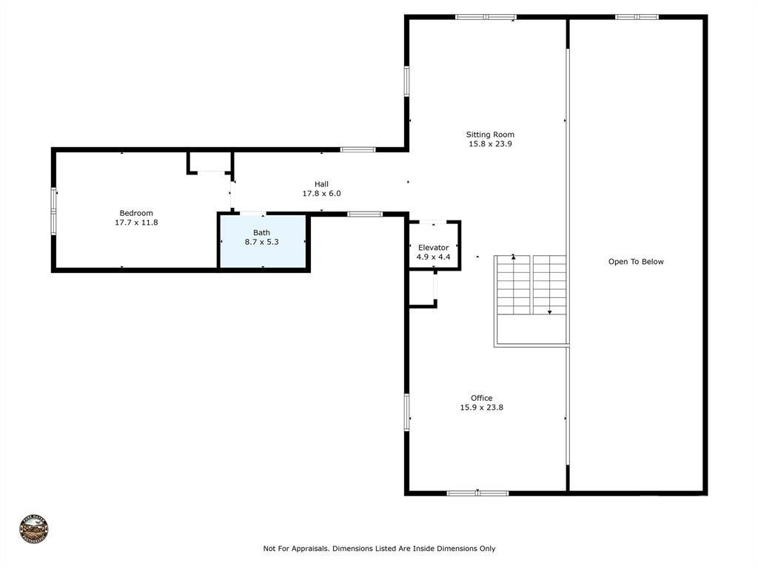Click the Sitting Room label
490,135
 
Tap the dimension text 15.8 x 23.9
490,144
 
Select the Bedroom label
136,213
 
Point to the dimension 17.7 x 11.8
136,222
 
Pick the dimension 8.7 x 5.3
262,242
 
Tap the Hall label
321,184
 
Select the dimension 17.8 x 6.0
321,193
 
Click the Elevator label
433,248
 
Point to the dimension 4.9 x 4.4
433,257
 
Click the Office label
481,398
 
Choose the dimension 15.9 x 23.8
481,408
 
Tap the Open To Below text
636,262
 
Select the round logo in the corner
34,530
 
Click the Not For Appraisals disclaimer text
379,549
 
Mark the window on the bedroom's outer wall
53,212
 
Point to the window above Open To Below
637,16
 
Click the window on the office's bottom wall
477,493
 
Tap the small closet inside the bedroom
210,162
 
